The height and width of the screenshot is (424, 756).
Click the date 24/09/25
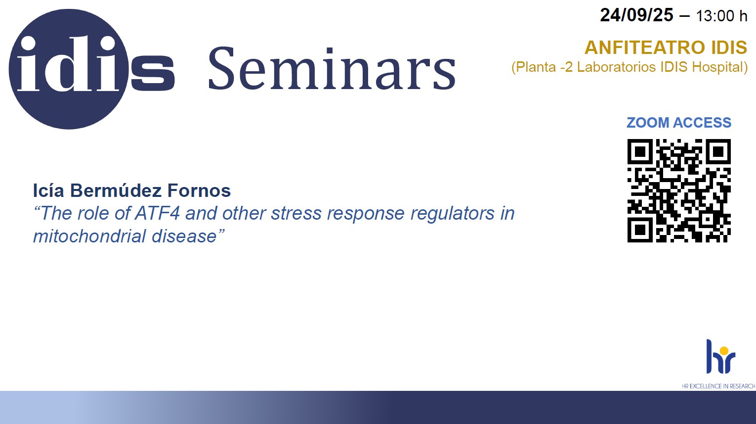(x=636, y=15)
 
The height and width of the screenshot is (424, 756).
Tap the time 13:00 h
(x=721, y=16)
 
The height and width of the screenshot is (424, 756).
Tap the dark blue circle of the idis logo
(x=69, y=69)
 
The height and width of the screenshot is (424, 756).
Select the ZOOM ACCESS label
(x=679, y=123)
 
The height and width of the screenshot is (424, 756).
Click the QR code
(x=679, y=190)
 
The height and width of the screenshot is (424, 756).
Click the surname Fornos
(x=199, y=190)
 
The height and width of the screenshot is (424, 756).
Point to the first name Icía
(x=48, y=190)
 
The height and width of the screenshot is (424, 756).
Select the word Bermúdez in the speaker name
(x=116, y=190)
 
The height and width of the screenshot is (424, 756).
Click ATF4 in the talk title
(x=157, y=213)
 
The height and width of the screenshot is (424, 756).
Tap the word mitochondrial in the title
(x=89, y=236)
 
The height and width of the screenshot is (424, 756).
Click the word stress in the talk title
(x=296, y=214)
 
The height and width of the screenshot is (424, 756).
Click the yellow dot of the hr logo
(x=724, y=351)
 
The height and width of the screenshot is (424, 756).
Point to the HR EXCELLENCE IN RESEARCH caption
(x=718, y=386)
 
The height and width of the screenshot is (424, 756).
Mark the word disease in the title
(x=184, y=236)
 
